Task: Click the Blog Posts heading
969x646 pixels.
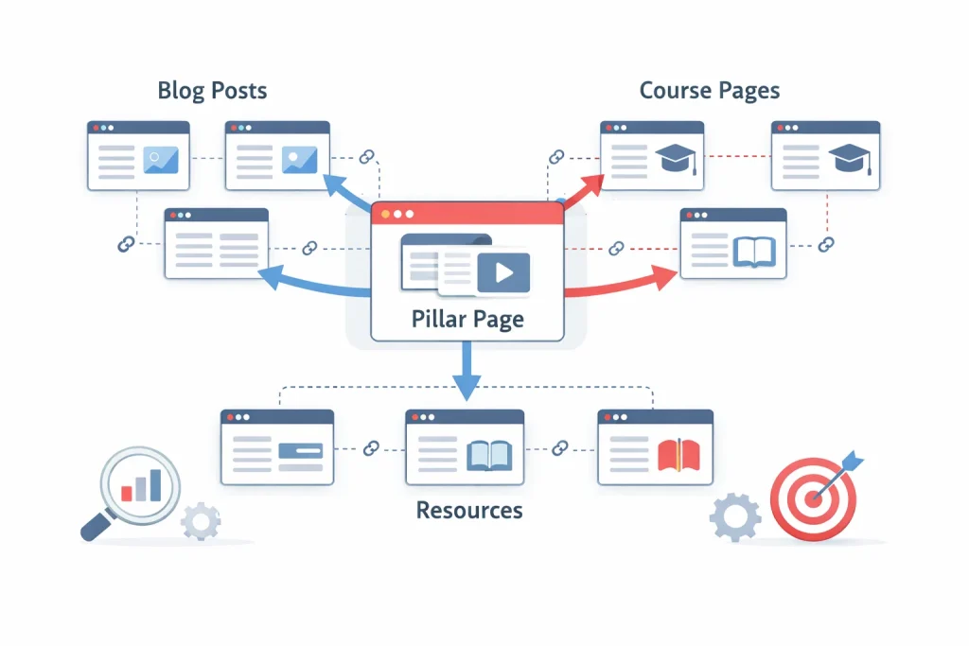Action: tap(212, 91)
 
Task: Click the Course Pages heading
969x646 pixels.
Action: tap(710, 91)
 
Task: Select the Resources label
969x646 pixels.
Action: tap(469, 511)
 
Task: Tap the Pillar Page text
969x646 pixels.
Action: tap(467, 319)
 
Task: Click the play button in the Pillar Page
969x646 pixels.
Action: tap(503, 273)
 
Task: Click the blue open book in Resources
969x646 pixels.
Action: tap(489, 455)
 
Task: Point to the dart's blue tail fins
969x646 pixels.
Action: tap(853, 461)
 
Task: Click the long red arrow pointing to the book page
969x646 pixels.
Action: tap(625, 284)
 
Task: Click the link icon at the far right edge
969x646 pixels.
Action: tap(826, 245)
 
